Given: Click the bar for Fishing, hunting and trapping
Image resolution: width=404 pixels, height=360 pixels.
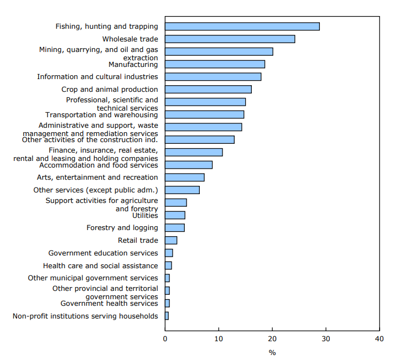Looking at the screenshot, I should (242, 27).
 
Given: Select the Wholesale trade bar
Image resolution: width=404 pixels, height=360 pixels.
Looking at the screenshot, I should (230, 39).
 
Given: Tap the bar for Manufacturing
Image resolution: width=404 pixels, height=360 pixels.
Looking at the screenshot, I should (215, 64).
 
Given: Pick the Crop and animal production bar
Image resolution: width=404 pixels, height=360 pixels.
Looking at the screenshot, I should (208, 90).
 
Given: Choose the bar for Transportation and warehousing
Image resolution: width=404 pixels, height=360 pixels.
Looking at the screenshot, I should (204, 114).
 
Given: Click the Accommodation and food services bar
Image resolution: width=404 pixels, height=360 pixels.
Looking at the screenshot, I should (189, 165).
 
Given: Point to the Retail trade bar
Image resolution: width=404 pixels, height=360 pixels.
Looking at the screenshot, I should (171, 241).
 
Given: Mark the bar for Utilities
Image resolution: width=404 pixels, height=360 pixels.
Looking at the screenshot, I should (175, 215).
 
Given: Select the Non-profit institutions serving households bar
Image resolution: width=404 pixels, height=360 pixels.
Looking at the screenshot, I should (167, 316).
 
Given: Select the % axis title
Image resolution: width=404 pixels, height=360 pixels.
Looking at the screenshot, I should (272, 352).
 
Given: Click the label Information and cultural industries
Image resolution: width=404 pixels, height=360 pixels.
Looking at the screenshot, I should (97, 77).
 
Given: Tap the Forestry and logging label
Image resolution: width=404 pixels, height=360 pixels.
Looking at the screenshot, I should (122, 228).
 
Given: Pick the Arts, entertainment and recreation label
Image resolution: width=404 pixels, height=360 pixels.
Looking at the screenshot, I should (97, 178).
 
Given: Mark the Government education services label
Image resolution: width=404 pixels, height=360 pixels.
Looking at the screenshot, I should (103, 253).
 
